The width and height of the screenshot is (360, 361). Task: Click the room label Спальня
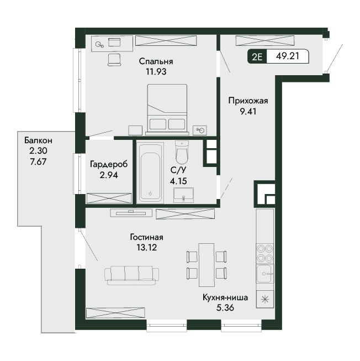point(156,61)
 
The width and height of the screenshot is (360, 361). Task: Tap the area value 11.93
point(156,72)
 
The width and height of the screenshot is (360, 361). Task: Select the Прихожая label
point(248,101)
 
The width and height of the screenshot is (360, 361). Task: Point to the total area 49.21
point(288,56)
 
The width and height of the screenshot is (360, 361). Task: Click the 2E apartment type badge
point(257,56)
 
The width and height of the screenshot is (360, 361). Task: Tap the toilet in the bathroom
point(182,152)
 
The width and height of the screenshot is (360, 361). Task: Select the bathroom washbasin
point(183,195)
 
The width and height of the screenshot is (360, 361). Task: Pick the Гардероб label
point(109,165)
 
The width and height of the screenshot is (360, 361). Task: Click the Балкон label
point(38,140)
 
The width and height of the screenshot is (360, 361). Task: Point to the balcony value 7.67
point(38,161)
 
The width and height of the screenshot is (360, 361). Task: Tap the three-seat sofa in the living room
point(132,275)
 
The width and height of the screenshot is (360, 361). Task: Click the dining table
point(207,265)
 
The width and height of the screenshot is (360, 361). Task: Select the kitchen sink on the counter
point(265,274)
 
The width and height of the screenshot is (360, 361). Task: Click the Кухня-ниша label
point(225,297)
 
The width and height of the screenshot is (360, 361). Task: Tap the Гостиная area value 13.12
point(147,248)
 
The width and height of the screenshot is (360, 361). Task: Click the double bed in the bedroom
point(167,109)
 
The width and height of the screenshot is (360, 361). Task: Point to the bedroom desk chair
point(114,60)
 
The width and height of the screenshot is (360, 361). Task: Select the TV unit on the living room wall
point(131,213)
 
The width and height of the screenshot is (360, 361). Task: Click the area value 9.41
point(248,112)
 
